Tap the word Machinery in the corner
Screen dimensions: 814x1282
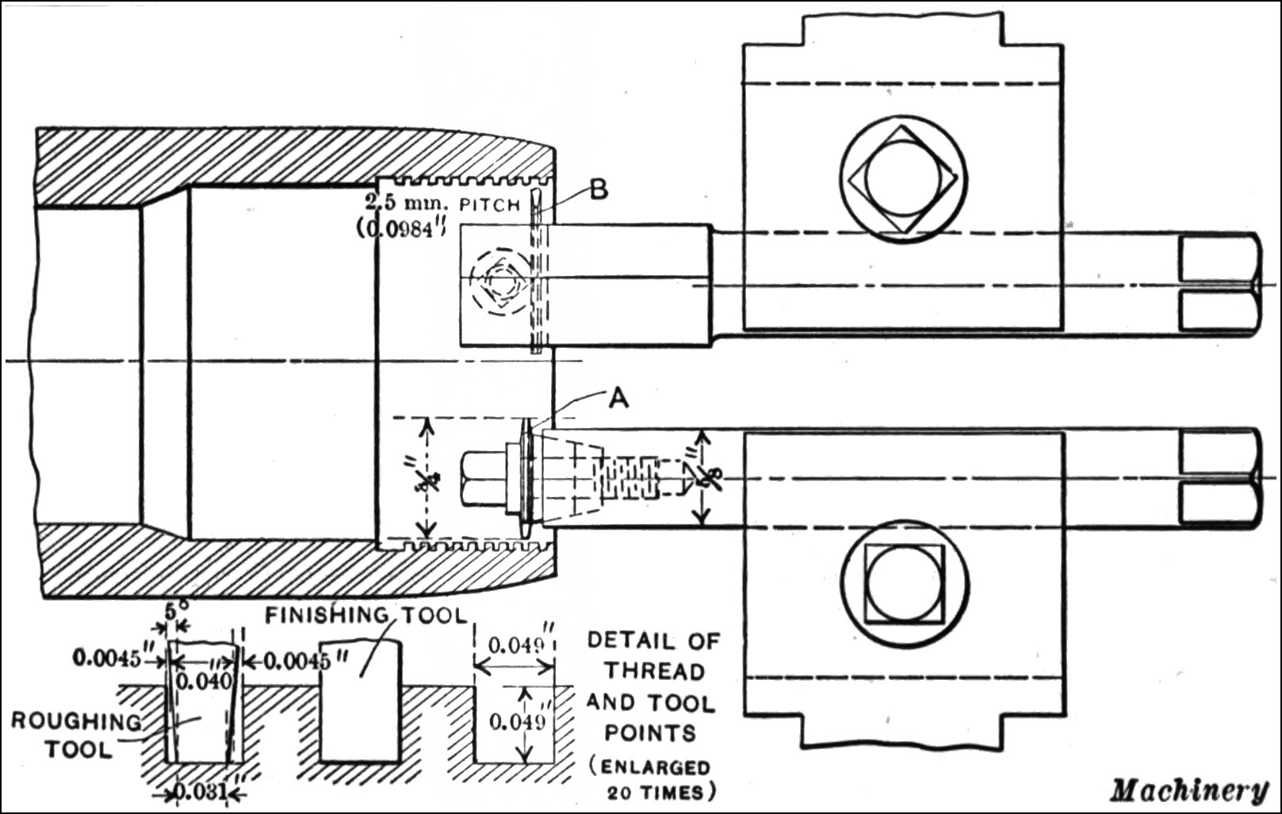(x=1188, y=789)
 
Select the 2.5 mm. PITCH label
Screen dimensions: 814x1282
(x=442, y=203)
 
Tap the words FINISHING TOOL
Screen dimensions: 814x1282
(x=366, y=615)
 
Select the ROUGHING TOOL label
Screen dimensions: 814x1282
(x=76, y=735)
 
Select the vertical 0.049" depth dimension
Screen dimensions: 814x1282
(x=515, y=722)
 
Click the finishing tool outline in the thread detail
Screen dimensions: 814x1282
(x=361, y=701)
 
